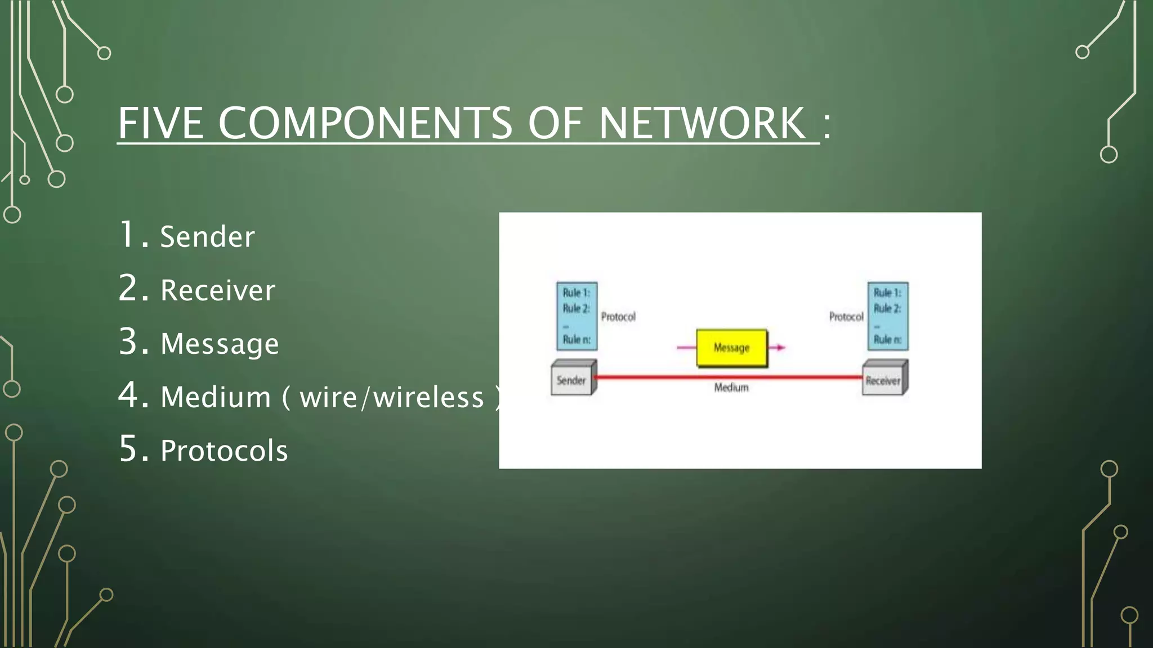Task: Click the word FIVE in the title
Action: (x=160, y=123)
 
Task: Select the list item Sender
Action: (x=207, y=237)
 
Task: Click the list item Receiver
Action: (x=218, y=290)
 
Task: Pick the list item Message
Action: (x=220, y=344)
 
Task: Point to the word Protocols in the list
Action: (x=224, y=451)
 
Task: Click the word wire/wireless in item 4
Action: (x=392, y=398)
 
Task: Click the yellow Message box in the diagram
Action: (x=731, y=348)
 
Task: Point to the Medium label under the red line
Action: (x=731, y=388)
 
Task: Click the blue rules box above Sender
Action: (x=576, y=316)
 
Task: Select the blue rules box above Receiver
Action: (x=887, y=316)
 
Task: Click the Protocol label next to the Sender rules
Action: (x=618, y=317)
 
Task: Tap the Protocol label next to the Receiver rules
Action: (x=846, y=317)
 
